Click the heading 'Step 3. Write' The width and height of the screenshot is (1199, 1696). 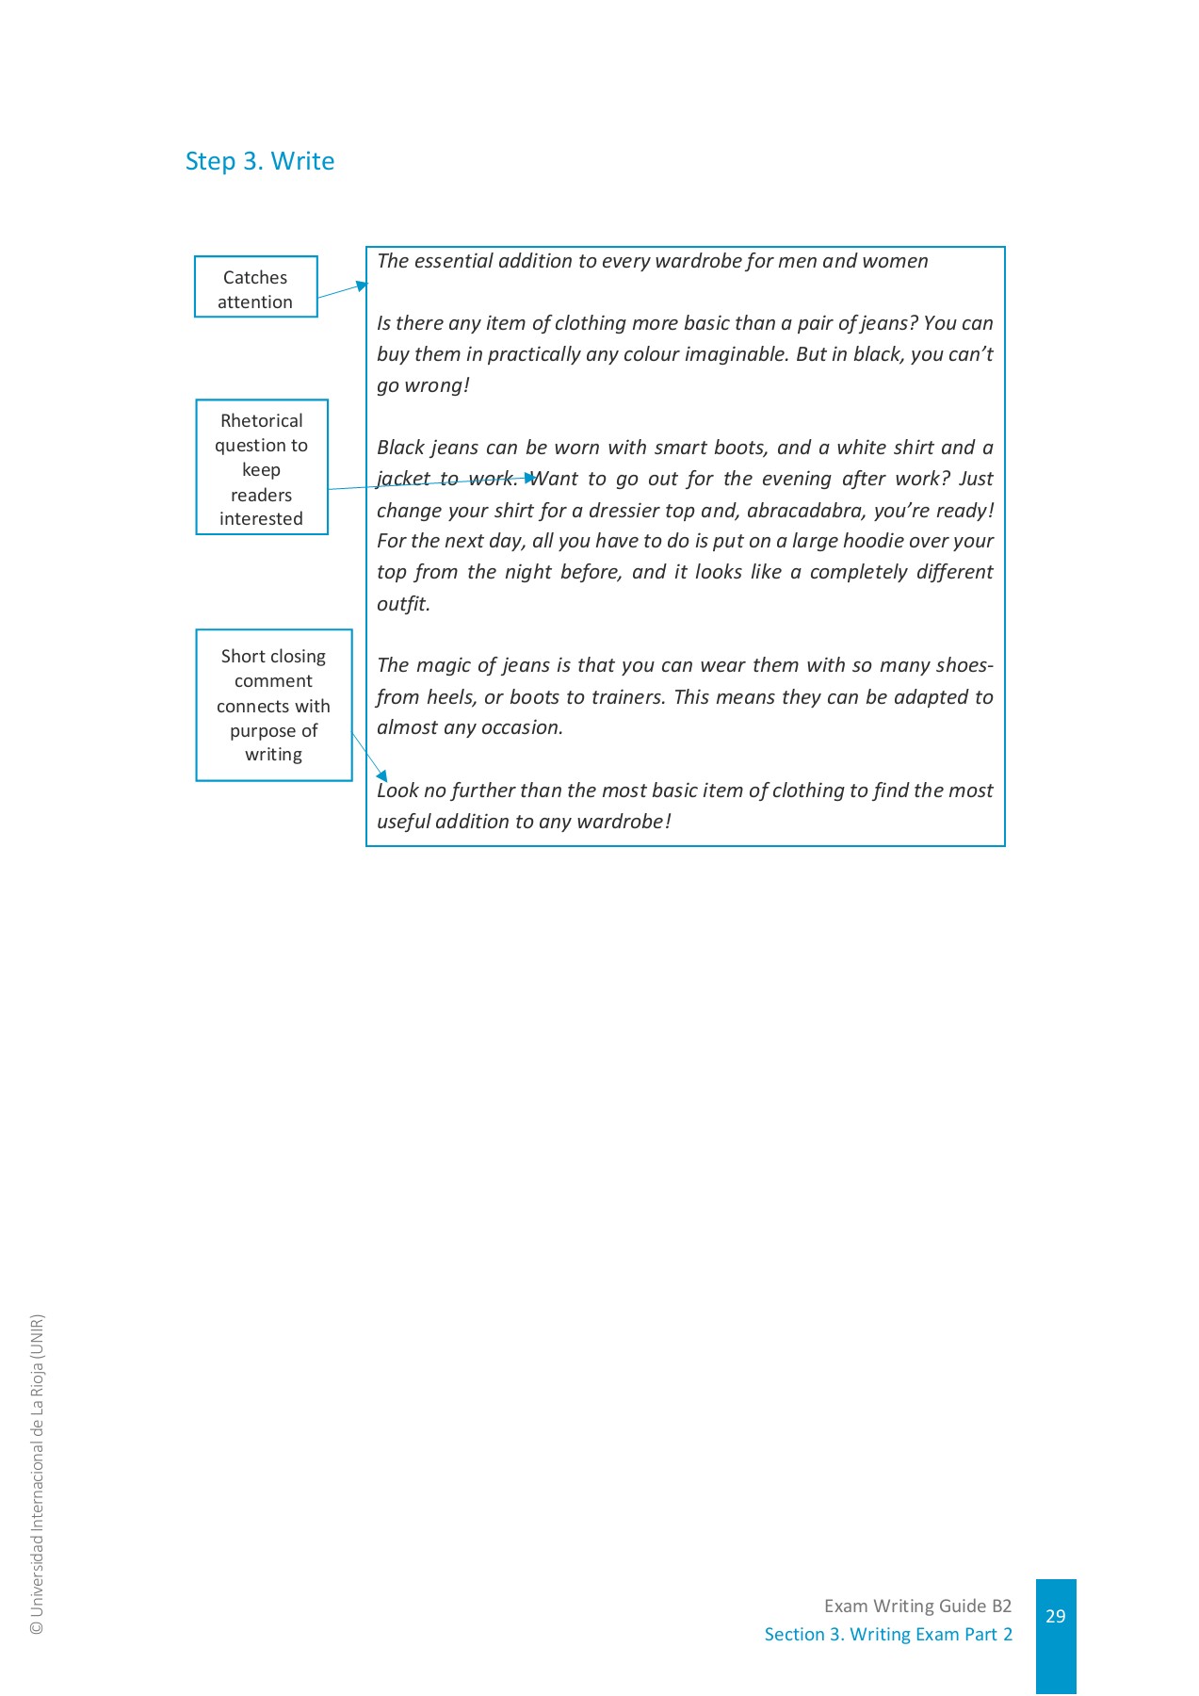click(260, 161)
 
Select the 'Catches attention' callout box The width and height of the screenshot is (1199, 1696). click(255, 287)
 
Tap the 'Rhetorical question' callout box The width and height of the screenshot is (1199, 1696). click(261, 467)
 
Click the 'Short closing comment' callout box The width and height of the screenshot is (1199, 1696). click(273, 705)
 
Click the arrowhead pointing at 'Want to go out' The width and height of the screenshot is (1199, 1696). click(530, 479)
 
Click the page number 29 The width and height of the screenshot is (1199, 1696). click(1055, 1615)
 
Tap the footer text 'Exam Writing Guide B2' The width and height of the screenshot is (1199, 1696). click(917, 1606)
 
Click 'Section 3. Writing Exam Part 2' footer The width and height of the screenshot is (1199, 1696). click(888, 1634)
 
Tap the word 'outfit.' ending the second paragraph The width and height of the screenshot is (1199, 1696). click(403, 604)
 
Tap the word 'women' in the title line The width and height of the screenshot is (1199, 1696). click(896, 261)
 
